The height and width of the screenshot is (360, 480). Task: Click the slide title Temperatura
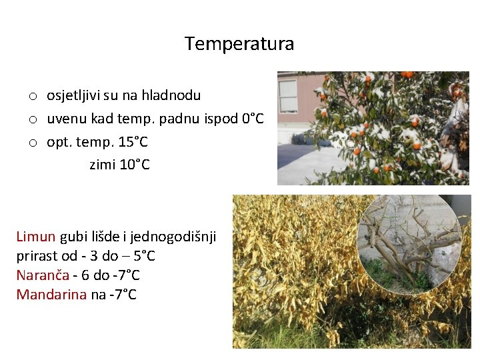(x=239, y=44)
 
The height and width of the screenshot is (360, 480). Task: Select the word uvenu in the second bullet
(x=65, y=119)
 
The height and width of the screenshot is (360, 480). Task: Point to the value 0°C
(x=253, y=119)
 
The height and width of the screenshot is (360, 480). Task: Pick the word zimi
(x=103, y=165)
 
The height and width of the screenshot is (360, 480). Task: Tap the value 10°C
(x=135, y=165)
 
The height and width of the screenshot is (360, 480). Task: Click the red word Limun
(x=37, y=237)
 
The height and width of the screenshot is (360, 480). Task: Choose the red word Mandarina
(x=51, y=295)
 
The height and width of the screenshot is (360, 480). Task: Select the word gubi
(x=75, y=237)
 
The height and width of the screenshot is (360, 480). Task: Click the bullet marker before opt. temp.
(x=31, y=143)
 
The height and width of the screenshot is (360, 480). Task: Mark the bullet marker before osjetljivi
(x=31, y=97)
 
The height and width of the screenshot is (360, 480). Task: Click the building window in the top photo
(x=288, y=95)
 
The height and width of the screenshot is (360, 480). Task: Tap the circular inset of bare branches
(x=408, y=244)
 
